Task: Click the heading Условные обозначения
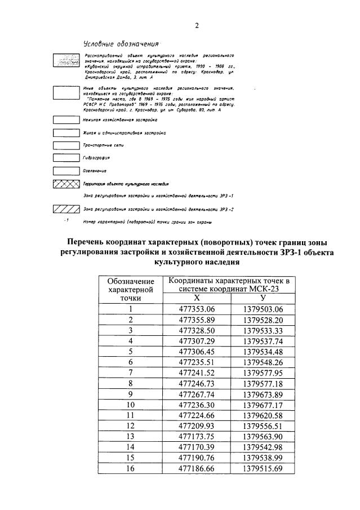(x=116, y=43)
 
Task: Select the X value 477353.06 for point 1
(x=197, y=309)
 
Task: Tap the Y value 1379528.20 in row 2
(x=263, y=320)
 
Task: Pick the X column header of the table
(x=197, y=298)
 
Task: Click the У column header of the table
(x=263, y=298)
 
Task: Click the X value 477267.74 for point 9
(x=197, y=394)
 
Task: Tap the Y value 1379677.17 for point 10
(x=263, y=405)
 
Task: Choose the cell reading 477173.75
(x=197, y=436)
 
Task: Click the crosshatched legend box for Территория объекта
(x=65, y=184)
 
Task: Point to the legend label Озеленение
(x=95, y=170)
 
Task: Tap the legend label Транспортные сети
(x=99, y=145)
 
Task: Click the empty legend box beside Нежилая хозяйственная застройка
(x=65, y=119)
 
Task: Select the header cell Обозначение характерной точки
(x=130, y=290)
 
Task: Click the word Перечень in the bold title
(x=93, y=242)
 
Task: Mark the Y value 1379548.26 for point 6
(x=263, y=362)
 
